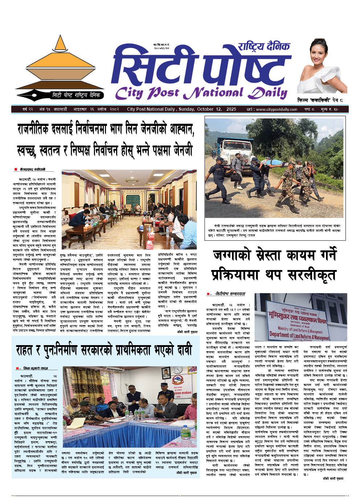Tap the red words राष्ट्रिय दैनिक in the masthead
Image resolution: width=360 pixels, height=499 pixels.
(x=264, y=46)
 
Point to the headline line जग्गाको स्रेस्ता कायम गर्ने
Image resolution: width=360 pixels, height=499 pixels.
(x=275, y=255)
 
